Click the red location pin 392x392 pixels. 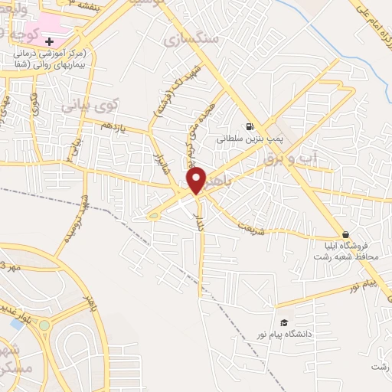pyautogui.click(x=197, y=180)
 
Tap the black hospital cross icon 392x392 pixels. pyautogui.click(x=50, y=39)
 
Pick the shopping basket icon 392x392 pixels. pyautogui.click(x=346, y=234)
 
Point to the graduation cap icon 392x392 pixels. pyautogui.click(x=283, y=322)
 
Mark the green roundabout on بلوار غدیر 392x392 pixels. pyautogui.click(x=44, y=325)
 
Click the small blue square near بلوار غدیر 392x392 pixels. pyautogui.click(x=17, y=324)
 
